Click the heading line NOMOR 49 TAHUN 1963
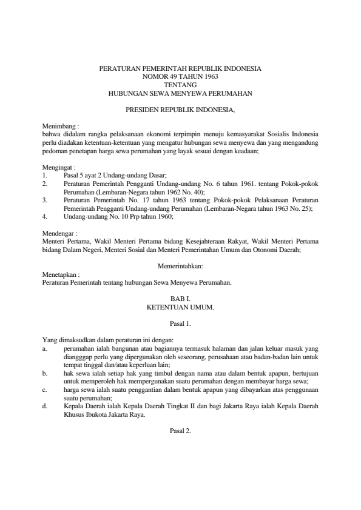coord(180,78)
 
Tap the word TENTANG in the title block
coord(180,85)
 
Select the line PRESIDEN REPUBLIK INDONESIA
coord(180,110)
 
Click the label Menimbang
coord(57,125)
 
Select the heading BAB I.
coord(180,299)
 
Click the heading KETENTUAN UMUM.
coord(180,307)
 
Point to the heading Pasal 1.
coord(180,324)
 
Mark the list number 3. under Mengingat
coord(45,199)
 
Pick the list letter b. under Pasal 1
coord(45,374)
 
